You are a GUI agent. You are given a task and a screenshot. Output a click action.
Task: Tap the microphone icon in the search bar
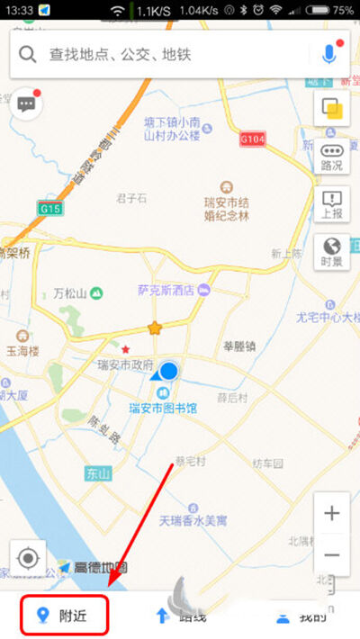click(x=328, y=54)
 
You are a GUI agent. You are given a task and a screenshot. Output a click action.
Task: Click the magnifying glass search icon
click(x=29, y=55)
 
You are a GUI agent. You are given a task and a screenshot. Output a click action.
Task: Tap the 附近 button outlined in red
click(x=65, y=616)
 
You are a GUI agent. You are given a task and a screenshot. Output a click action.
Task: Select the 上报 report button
click(x=331, y=204)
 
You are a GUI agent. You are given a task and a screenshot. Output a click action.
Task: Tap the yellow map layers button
click(x=331, y=109)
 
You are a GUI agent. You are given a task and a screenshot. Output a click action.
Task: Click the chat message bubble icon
click(x=26, y=104)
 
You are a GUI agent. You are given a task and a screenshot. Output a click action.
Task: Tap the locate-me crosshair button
click(x=28, y=559)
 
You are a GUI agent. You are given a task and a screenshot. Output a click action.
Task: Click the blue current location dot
click(x=168, y=371)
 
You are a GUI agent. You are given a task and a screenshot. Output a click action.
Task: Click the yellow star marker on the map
click(x=155, y=328)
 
